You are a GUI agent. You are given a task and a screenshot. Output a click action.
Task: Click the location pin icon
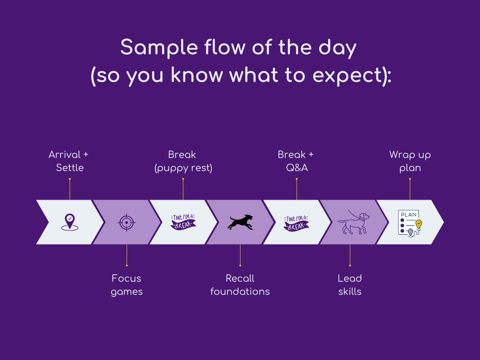point(69,221)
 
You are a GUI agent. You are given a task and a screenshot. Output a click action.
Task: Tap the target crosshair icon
point(126,222)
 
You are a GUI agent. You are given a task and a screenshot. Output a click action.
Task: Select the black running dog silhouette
point(240,222)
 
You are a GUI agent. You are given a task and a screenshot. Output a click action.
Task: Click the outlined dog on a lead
point(354,222)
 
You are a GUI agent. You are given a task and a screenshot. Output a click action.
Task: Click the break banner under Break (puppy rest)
point(183,222)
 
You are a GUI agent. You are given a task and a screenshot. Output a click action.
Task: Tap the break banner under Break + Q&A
point(296,222)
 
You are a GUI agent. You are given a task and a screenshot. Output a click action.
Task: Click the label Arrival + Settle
point(69,161)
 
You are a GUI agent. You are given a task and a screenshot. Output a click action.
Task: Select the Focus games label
point(127,285)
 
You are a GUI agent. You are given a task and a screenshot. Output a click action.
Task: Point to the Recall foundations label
point(240,285)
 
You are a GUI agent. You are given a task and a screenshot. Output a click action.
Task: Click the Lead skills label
point(350,285)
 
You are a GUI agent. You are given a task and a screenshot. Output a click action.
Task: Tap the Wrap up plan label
point(410,161)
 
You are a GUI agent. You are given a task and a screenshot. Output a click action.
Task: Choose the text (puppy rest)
point(183,168)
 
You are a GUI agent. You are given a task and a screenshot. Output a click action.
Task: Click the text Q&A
point(297,168)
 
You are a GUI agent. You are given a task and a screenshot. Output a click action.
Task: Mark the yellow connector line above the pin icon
point(69,189)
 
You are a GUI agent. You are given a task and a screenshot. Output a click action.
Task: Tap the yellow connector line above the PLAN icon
point(410,189)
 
